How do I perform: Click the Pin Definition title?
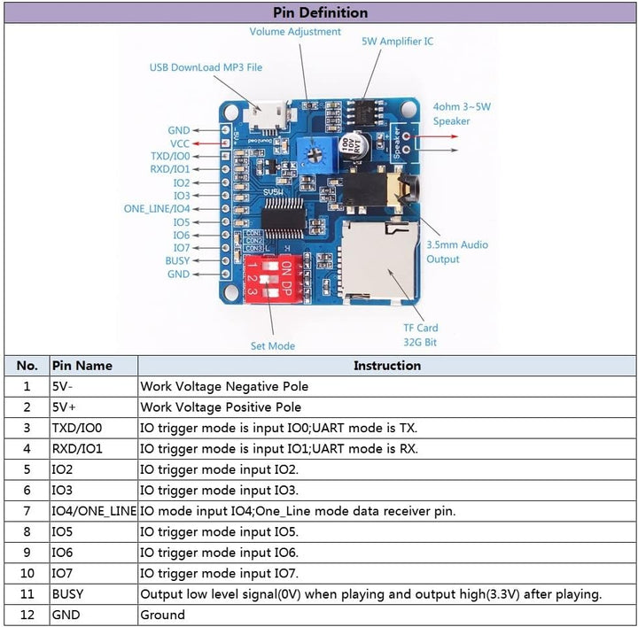pyautogui.click(x=319, y=12)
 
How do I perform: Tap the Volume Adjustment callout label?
pyautogui.click(x=295, y=32)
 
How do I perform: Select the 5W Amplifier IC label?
pyautogui.click(x=397, y=42)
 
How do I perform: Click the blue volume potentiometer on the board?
pyautogui.click(x=314, y=151)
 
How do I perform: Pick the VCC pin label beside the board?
pyautogui.click(x=179, y=143)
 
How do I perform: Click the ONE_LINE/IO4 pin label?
pyautogui.click(x=157, y=209)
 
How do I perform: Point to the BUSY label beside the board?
pyautogui.click(x=177, y=261)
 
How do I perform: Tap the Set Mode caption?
pyautogui.click(x=273, y=345)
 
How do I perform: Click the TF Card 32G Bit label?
pyautogui.click(x=421, y=335)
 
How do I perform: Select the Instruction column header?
pyautogui.click(x=387, y=365)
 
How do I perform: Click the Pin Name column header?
pyautogui.click(x=82, y=365)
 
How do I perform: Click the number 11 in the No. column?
pyautogui.click(x=27, y=593)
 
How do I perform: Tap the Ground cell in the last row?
pyautogui.click(x=163, y=615)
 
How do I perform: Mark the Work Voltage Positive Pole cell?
pyautogui.click(x=221, y=407)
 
